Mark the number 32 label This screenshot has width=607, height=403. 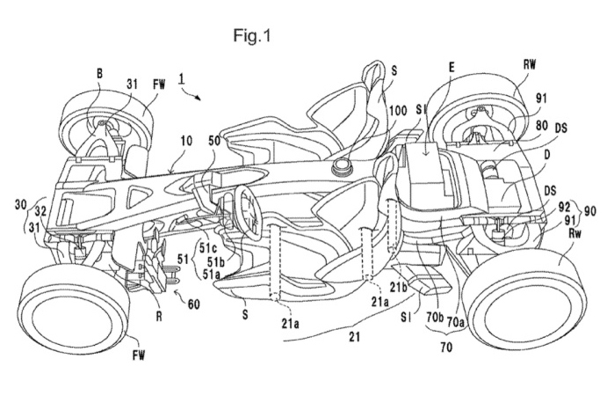pos(40,211)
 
